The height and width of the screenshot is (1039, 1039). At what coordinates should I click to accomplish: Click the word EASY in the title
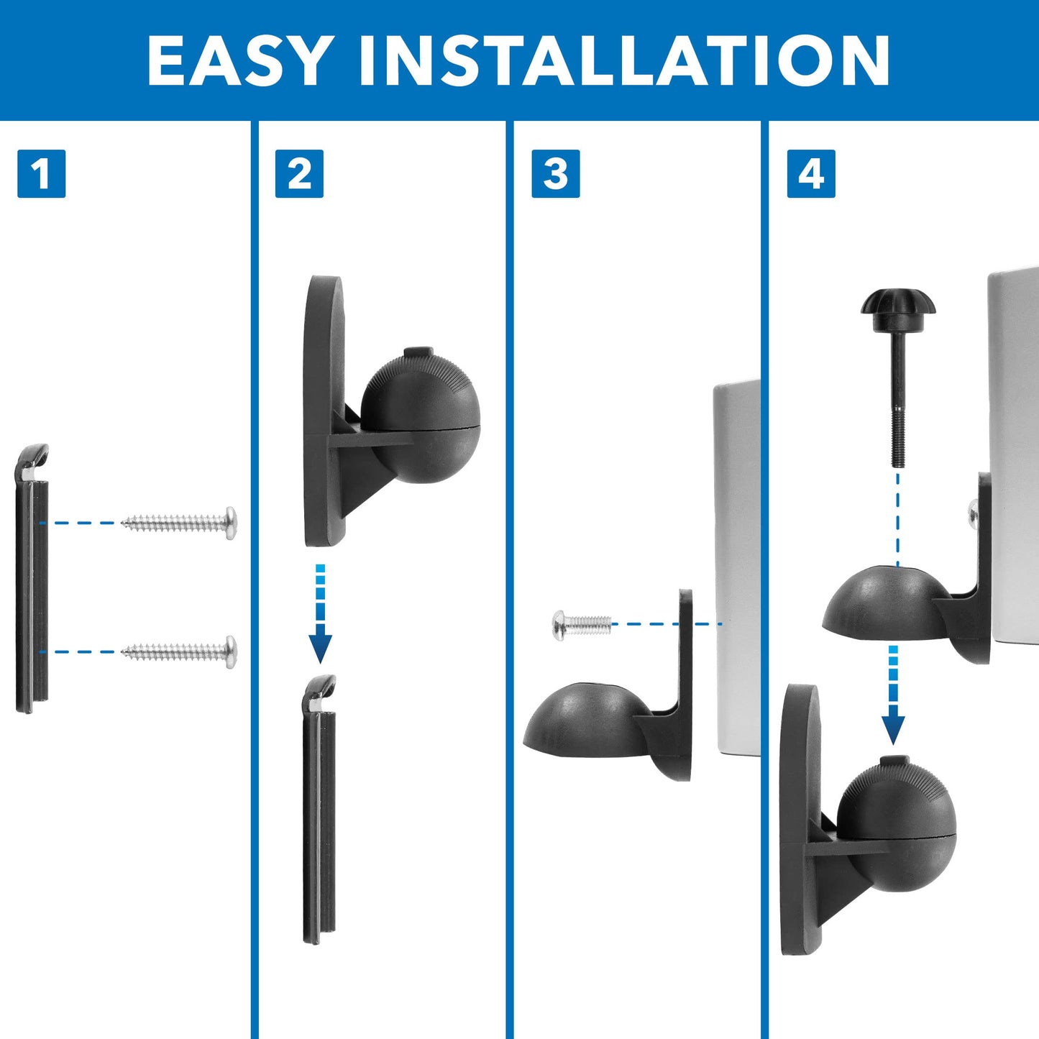(x=237, y=60)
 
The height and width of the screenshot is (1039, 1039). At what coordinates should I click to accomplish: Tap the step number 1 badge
(x=41, y=174)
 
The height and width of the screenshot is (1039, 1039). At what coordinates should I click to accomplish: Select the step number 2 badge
(x=299, y=174)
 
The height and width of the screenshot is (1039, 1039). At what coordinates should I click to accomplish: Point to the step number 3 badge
(x=555, y=174)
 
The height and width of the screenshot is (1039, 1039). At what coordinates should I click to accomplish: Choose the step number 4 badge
(x=811, y=174)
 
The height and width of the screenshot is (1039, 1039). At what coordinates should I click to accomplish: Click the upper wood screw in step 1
(x=180, y=523)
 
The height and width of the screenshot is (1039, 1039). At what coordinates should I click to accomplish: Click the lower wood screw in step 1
(x=180, y=651)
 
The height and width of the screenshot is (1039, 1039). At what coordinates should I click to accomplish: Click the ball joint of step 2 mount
(x=420, y=417)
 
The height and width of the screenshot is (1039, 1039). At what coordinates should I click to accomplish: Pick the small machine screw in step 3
(x=581, y=624)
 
